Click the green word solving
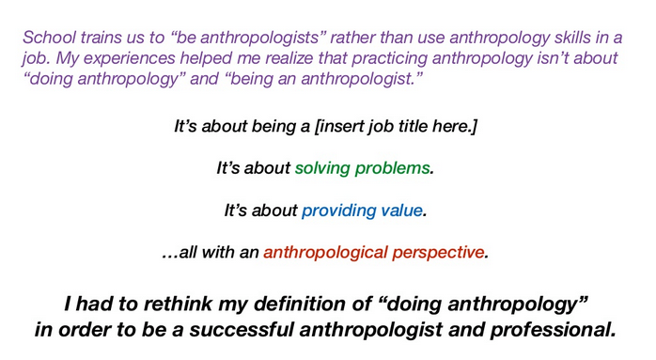pyautogui.click(x=322, y=169)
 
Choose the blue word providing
pyautogui.click(x=336, y=211)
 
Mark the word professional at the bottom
pyautogui.click(x=549, y=331)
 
